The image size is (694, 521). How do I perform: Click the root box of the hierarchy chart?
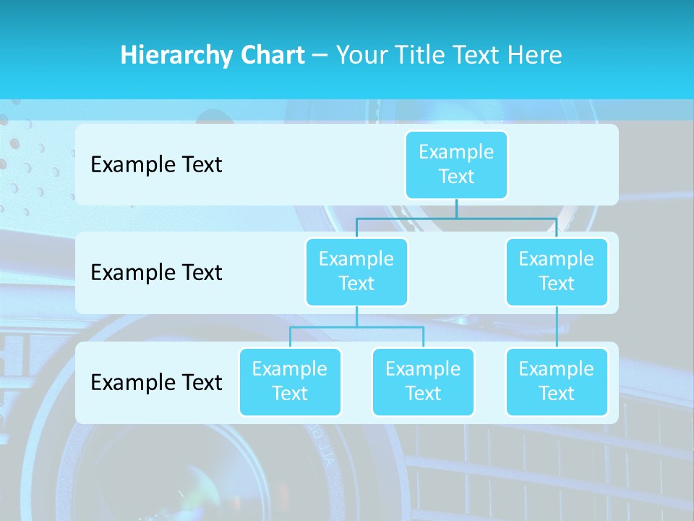[456, 164]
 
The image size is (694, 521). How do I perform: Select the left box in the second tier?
[356, 271]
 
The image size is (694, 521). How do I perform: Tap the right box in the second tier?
[557, 271]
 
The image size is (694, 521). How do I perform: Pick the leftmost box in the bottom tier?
[290, 381]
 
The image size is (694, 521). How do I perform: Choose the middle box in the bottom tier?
[423, 381]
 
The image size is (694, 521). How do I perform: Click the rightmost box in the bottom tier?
[557, 381]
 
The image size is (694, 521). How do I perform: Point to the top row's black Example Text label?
[156, 164]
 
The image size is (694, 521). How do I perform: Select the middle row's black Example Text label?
[156, 272]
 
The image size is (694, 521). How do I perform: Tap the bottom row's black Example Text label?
[156, 382]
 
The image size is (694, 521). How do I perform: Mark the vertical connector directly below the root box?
[456, 208]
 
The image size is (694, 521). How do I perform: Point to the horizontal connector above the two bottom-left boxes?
[356, 327]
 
